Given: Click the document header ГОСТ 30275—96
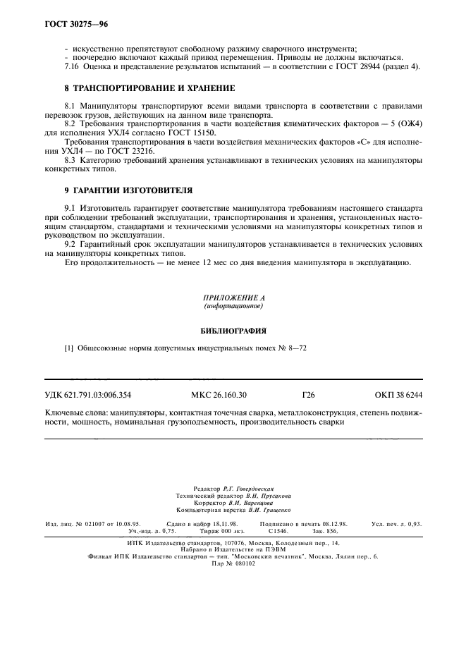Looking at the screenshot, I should [67, 25].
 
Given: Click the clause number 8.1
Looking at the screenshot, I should [69, 105].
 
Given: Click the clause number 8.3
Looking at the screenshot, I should [69, 160].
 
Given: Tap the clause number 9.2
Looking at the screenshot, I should [69, 244].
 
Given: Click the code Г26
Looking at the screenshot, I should [307, 395].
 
